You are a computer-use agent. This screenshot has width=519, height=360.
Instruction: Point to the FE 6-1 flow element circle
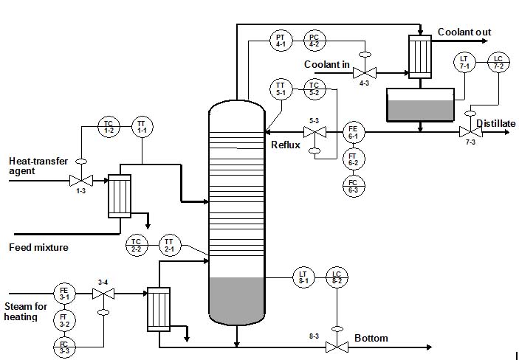coord(353,133)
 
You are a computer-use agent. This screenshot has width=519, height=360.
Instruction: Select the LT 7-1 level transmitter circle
coord(464,62)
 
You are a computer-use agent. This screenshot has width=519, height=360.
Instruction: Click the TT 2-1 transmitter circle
coord(168,245)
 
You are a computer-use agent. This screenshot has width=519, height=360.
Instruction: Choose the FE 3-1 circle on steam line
coord(63,294)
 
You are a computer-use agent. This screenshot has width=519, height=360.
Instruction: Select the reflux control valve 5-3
coord(315,133)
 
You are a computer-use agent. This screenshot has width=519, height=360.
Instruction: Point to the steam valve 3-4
coord(103,294)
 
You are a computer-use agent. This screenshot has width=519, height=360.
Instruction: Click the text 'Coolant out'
coord(464,32)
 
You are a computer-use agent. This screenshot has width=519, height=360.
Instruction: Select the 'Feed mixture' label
coord(38,248)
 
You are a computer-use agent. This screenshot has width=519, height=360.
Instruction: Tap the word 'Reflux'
coord(286,145)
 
